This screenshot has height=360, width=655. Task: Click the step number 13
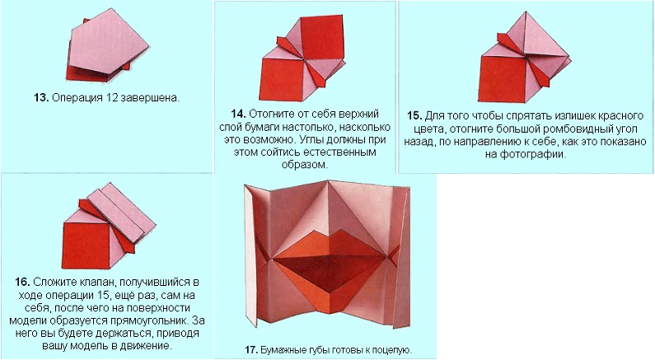pos(41,98)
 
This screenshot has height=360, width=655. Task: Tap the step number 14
pos(239,114)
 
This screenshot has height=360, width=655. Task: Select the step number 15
pos(414,115)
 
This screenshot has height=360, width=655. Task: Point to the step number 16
pos(22,283)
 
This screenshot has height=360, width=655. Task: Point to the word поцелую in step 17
pos(394,350)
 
